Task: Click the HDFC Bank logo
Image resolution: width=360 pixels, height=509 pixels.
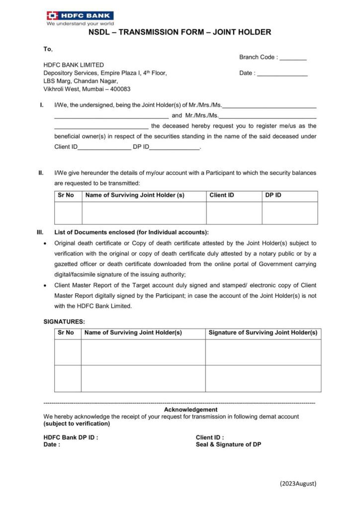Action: tap(80, 17)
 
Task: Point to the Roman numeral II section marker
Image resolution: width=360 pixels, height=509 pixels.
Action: tap(41, 173)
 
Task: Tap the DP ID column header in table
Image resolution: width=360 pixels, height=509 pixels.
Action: tap(273, 195)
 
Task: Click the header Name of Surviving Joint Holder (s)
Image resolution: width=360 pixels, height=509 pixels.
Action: tap(135, 195)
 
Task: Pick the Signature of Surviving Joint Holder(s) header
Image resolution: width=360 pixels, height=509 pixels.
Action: tap(263, 333)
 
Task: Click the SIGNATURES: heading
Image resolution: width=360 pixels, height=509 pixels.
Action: tap(64, 322)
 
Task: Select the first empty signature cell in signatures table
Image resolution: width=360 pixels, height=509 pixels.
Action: tap(263, 352)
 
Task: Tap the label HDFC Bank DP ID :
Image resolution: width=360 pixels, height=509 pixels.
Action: tap(71, 437)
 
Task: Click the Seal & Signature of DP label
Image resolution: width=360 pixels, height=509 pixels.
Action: tap(228, 444)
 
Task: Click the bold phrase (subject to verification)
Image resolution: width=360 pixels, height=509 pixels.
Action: tap(77, 424)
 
